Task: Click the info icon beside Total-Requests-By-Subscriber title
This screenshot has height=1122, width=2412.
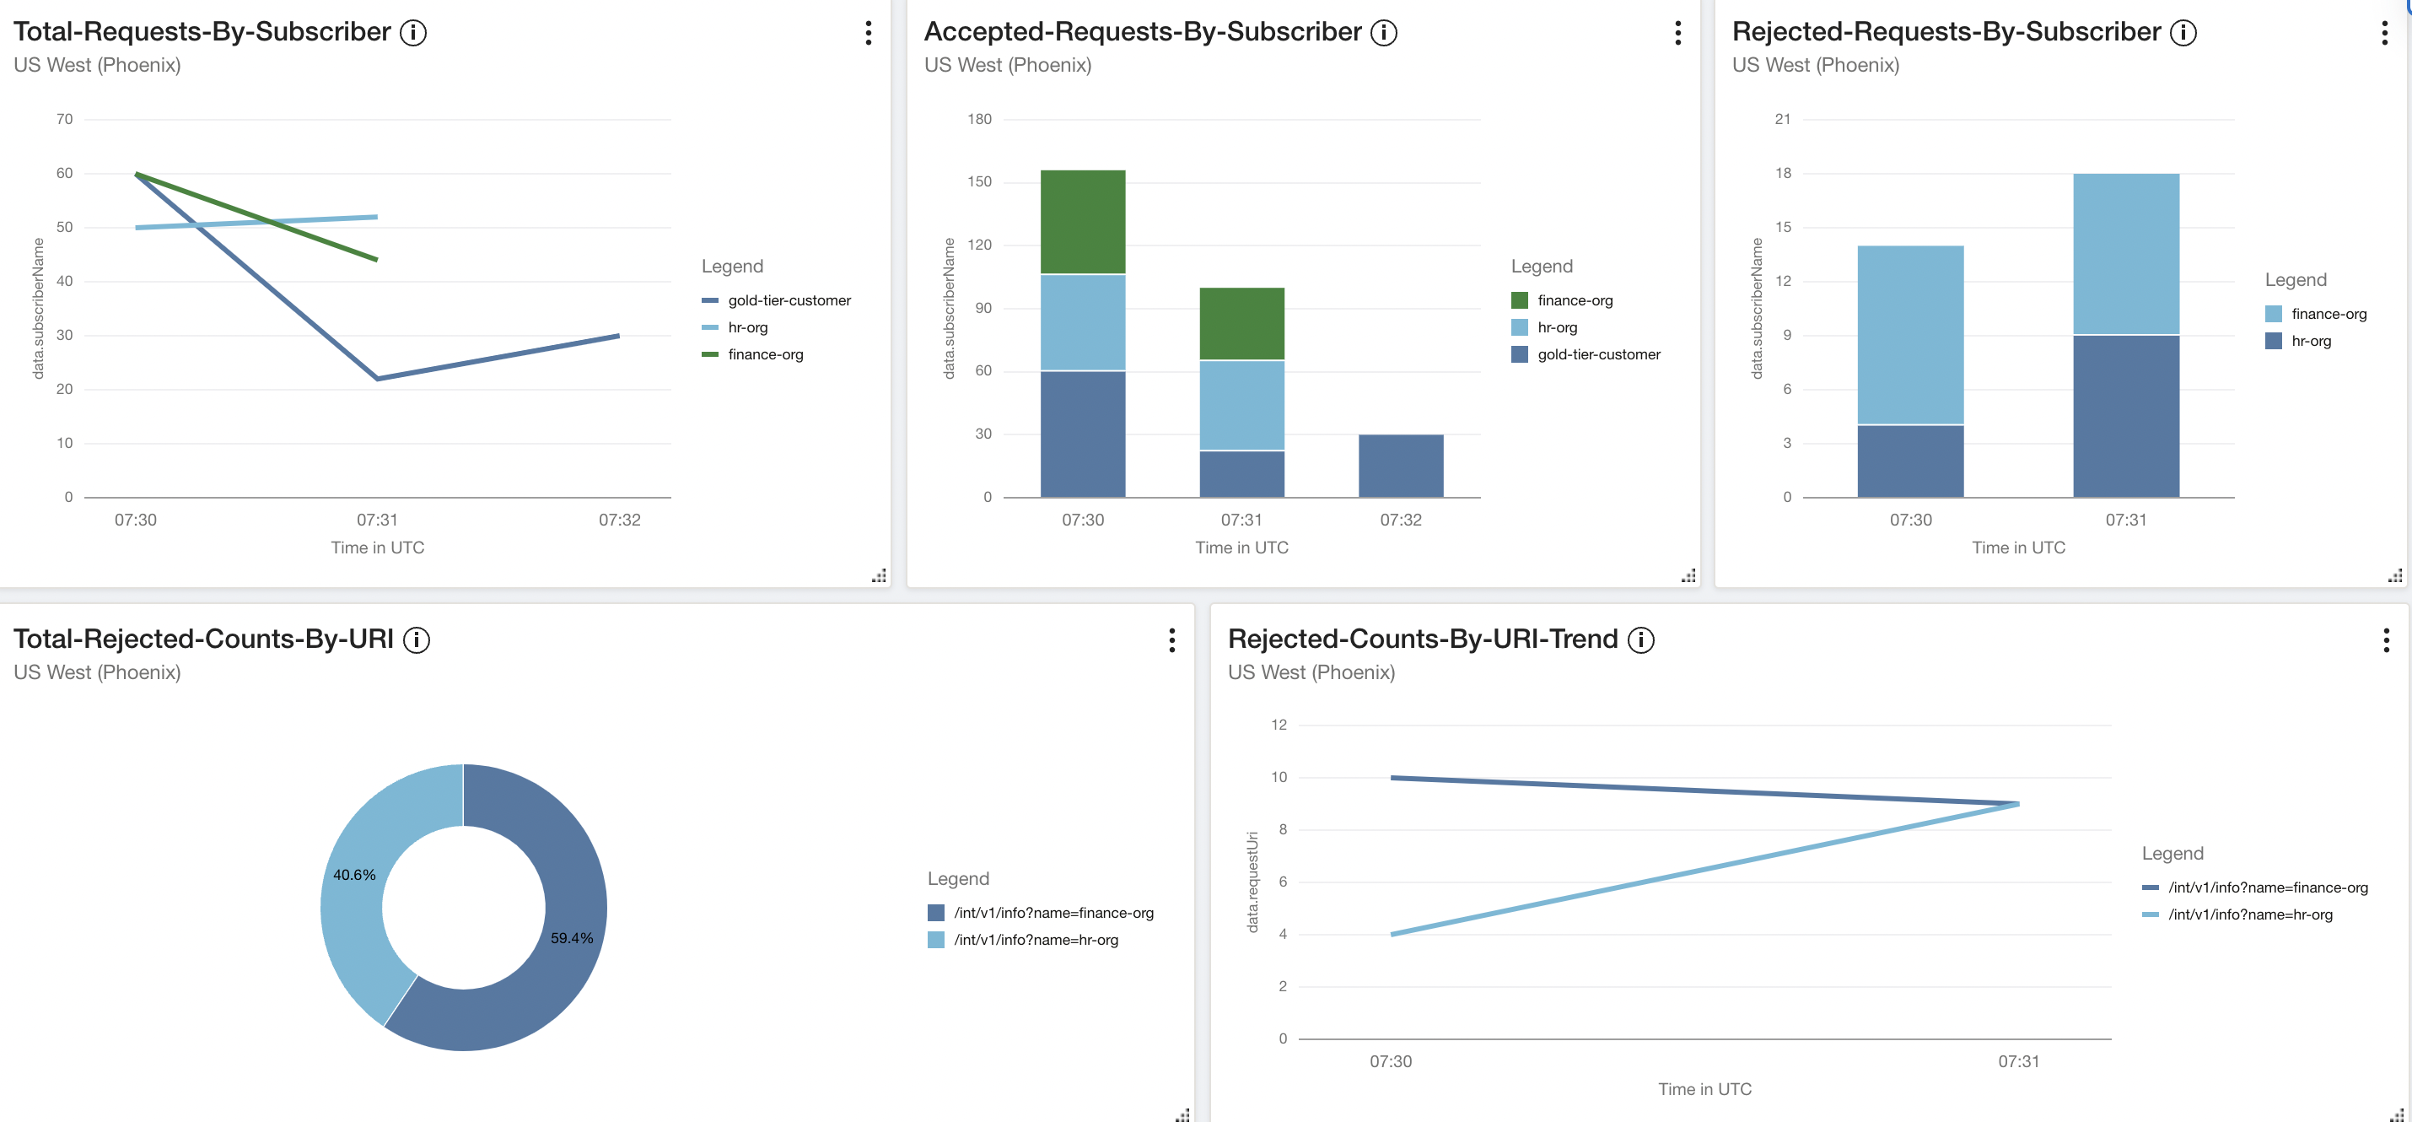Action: [x=413, y=33]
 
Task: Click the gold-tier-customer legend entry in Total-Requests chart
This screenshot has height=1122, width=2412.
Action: [x=789, y=300]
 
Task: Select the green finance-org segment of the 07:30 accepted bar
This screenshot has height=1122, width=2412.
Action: [x=1082, y=222]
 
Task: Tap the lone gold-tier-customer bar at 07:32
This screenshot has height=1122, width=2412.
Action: [x=1400, y=466]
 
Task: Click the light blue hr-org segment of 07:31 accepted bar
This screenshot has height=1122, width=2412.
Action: [x=1241, y=406]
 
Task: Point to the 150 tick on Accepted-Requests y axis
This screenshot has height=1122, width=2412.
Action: [x=979, y=181]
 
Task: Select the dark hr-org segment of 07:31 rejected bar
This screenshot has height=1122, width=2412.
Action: [x=2125, y=416]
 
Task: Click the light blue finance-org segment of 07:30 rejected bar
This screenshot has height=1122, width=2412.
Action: [x=1910, y=334]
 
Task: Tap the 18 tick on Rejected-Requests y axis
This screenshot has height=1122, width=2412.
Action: [x=1783, y=173]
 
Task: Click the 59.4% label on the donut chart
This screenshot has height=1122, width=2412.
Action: [x=571, y=937]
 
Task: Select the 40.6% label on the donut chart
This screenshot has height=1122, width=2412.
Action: [x=354, y=875]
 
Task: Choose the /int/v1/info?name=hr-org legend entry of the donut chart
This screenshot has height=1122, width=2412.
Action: [x=1035, y=940]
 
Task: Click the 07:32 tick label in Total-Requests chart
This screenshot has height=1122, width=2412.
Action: [x=619, y=520]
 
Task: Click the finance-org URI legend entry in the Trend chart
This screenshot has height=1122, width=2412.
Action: [x=2267, y=887]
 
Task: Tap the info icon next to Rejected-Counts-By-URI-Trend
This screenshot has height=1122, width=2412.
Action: [x=1640, y=639]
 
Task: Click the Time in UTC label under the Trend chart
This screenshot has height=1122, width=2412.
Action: [x=1704, y=1089]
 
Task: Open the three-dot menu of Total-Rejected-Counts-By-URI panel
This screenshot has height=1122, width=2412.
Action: [x=1171, y=640]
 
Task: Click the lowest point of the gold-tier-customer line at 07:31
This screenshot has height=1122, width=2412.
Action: [x=377, y=379]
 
